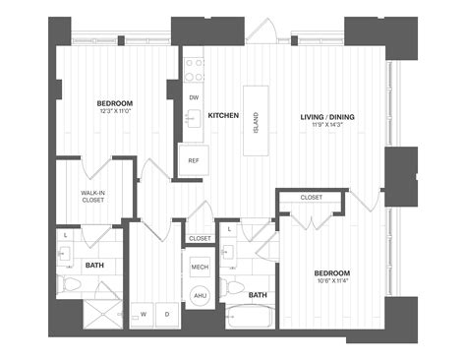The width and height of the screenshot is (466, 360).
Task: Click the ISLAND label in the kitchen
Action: click(257, 123)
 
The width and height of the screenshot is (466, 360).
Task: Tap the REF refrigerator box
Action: click(194, 160)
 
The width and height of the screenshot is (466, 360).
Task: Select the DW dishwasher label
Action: click(194, 98)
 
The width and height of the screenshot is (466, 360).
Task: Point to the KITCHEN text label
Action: click(223, 116)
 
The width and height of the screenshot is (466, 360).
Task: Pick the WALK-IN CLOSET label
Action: click(93, 196)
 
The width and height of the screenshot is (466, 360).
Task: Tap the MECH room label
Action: click(200, 267)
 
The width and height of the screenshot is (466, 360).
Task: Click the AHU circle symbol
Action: click(200, 296)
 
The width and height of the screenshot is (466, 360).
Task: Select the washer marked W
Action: click(145, 315)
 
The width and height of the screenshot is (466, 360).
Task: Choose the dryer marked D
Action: click(167, 315)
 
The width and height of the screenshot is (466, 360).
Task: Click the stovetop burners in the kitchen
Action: click(194, 70)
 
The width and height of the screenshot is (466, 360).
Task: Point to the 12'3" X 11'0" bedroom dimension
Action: click(115, 111)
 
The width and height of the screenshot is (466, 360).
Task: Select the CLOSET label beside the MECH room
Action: click(200, 238)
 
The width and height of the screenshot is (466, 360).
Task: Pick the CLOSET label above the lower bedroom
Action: click(311, 198)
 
